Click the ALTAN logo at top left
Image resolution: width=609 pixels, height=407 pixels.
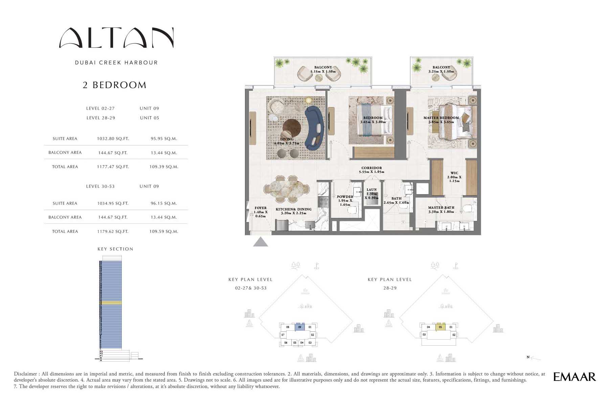pyautogui.click(x=116, y=38)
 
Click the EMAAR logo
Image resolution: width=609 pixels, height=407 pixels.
pyautogui.click(x=574, y=377)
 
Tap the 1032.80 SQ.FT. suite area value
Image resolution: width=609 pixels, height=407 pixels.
pyautogui.click(x=113, y=139)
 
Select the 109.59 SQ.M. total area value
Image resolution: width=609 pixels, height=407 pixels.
pyautogui.click(x=164, y=231)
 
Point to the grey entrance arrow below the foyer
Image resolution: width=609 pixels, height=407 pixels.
pyautogui.click(x=261, y=242)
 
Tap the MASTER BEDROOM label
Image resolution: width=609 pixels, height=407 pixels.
pyautogui.click(x=441, y=118)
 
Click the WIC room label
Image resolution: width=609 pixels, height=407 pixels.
pyautogui.click(x=454, y=173)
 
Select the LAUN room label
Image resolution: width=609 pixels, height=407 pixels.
pyautogui.click(x=371, y=190)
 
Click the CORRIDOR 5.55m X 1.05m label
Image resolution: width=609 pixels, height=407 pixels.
pyautogui.click(x=371, y=170)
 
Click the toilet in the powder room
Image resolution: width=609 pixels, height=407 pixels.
pyautogui.click(x=353, y=210)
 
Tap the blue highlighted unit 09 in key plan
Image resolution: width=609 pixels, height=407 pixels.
pyautogui.click(x=300, y=327)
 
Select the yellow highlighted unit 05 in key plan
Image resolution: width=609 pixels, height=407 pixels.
pyautogui.click(x=440, y=327)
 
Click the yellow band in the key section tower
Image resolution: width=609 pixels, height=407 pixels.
pyautogui.click(x=111, y=303)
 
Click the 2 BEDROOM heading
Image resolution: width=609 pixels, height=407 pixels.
pyautogui.click(x=115, y=85)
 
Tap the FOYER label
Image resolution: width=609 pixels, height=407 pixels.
pyautogui.click(x=260, y=208)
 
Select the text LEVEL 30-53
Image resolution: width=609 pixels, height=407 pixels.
pyautogui.click(x=100, y=186)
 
